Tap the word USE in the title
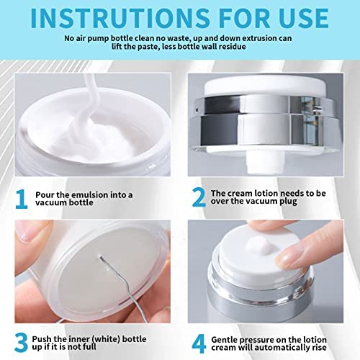(304, 19)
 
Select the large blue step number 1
(22, 199)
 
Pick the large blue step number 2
(199, 197)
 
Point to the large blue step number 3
(21, 343)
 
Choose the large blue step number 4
(199, 343)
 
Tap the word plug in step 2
(288, 202)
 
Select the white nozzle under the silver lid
(264, 163)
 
